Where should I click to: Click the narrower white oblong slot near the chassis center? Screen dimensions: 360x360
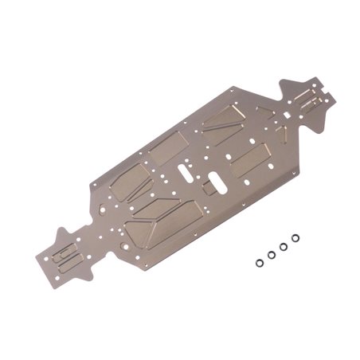(x=183, y=170)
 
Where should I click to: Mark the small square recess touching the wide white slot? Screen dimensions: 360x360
(x=209, y=187)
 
